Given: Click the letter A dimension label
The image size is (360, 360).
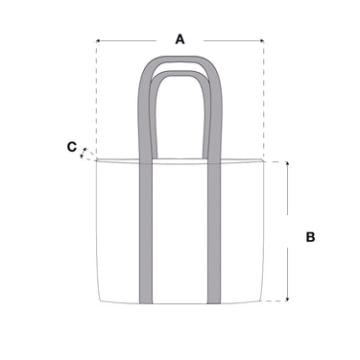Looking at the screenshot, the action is (x=180, y=39).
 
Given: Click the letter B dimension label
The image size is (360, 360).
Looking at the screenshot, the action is (x=310, y=237).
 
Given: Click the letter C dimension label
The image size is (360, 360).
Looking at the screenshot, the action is (x=72, y=147).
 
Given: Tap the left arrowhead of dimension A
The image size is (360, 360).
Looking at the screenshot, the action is (x=98, y=41).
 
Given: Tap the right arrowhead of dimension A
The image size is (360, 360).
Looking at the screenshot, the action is (x=262, y=41).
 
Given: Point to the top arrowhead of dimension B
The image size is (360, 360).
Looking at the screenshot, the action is (x=287, y=164).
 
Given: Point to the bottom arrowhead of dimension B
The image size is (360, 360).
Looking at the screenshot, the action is (x=287, y=299).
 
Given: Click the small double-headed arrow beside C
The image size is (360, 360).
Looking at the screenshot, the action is (x=83, y=153).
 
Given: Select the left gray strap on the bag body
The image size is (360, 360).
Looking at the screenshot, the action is (x=146, y=232).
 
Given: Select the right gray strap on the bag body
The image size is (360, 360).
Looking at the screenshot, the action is (x=214, y=232).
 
